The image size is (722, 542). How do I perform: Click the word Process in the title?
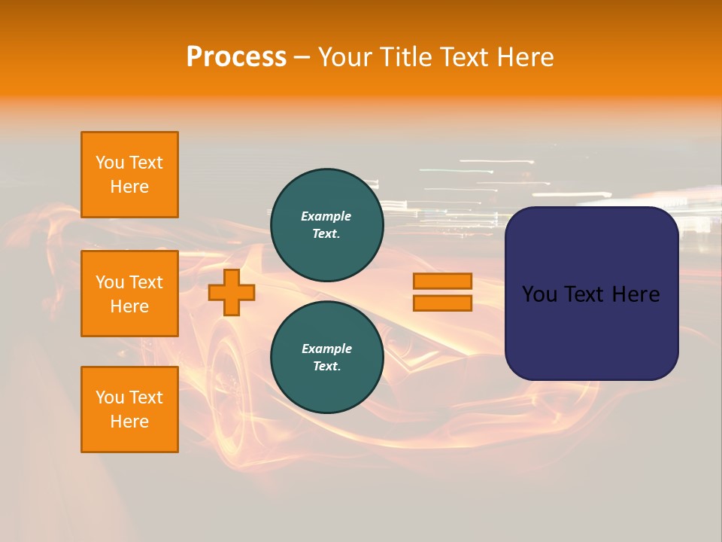click(236, 57)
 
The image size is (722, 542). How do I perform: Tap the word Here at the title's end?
click(524, 57)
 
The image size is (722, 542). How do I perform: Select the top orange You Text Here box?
click(129, 175)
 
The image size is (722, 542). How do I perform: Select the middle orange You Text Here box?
click(129, 294)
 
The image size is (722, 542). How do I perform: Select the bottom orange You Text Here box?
click(129, 410)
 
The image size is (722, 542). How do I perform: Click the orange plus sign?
click(232, 293)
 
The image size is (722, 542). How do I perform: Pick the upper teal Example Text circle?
click(326, 225)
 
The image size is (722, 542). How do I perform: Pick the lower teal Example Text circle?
click(326, 358)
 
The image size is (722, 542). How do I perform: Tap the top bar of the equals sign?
click(442, 282)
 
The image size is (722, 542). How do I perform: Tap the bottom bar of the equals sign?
click(442, 303)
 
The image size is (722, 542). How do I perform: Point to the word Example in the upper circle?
click(326, 216)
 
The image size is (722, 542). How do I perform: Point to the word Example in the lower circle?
click(326, 349)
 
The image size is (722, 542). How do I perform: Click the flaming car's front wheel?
click(229, 376)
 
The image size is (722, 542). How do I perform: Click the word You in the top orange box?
click(110, 163)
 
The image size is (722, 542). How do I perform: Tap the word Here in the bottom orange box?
click(129, 422)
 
